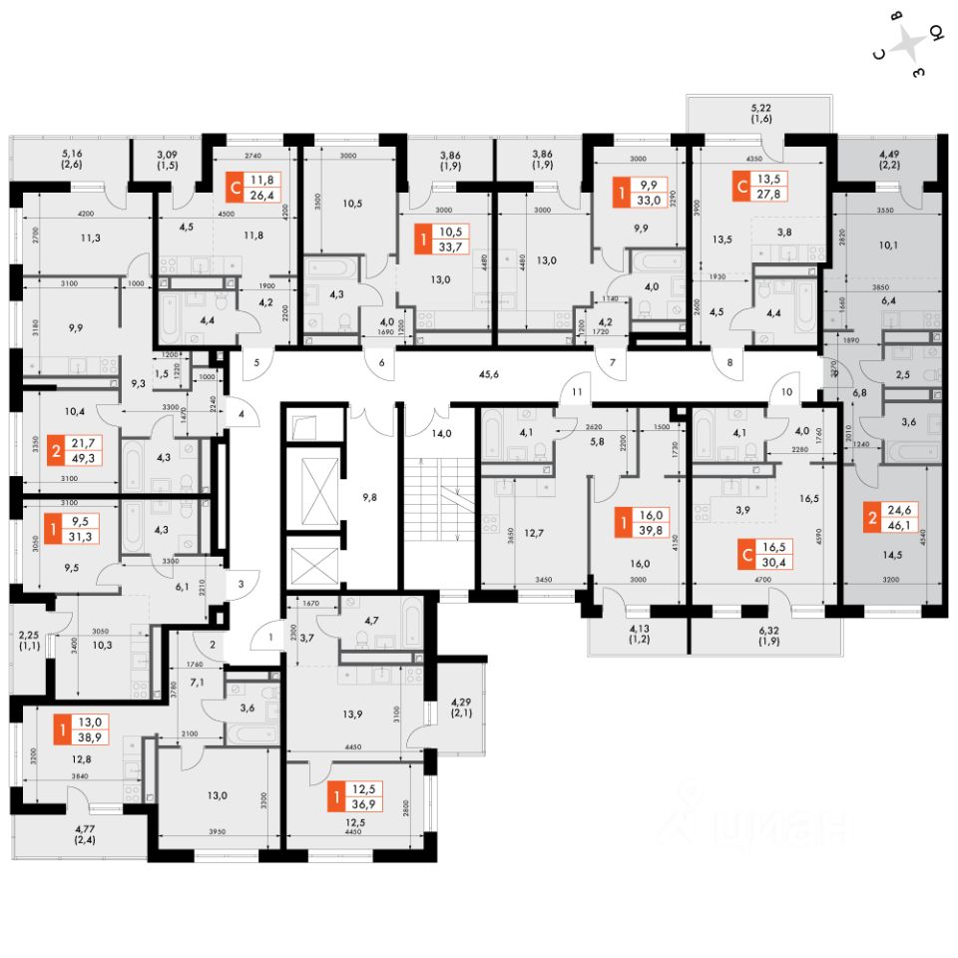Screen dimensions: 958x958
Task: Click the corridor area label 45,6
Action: pyautogui.click(x=488, y=375)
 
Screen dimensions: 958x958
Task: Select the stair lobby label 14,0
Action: pyautogui.click(x=440, y=435)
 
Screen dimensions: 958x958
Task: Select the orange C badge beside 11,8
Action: pyautogui.click(x=235, y=187)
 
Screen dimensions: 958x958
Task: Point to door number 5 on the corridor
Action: pyautogui.click(x=256, y=363)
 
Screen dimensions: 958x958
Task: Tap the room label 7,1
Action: pyautogui.click(x=196, y=684)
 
